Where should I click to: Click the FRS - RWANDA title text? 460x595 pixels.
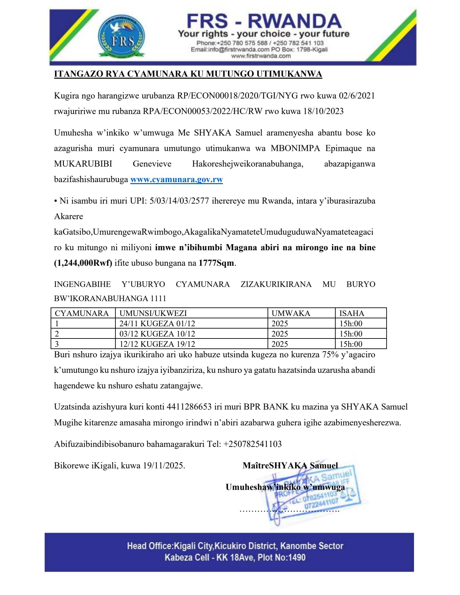[x=264, y=21]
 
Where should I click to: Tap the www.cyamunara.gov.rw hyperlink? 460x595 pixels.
[x=177, y=179]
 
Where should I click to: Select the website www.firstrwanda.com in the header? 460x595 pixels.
[x=261, y=56]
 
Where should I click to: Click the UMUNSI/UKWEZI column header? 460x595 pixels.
[x=153, y=313]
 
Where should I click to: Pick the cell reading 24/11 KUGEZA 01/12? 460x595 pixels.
[x=157, y=323]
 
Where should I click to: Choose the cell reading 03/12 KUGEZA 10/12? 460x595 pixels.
[x=157, y=334]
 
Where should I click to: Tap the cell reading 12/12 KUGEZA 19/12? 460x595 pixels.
[x=157, y=344]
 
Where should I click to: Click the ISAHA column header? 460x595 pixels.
[x=352, y=313]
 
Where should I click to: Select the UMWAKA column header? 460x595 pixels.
[x=291, y=313]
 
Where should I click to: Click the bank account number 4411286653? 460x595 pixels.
[x=189, y=407]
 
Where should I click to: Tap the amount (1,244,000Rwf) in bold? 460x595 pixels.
[x=83, y=263]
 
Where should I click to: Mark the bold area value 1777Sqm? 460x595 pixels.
[x=216, y=263]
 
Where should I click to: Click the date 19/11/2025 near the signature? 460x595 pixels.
[x=163, y=465]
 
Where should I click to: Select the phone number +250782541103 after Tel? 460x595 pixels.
[x=252, y=444]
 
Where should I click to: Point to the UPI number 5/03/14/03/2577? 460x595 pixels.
[x=179, y=201]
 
